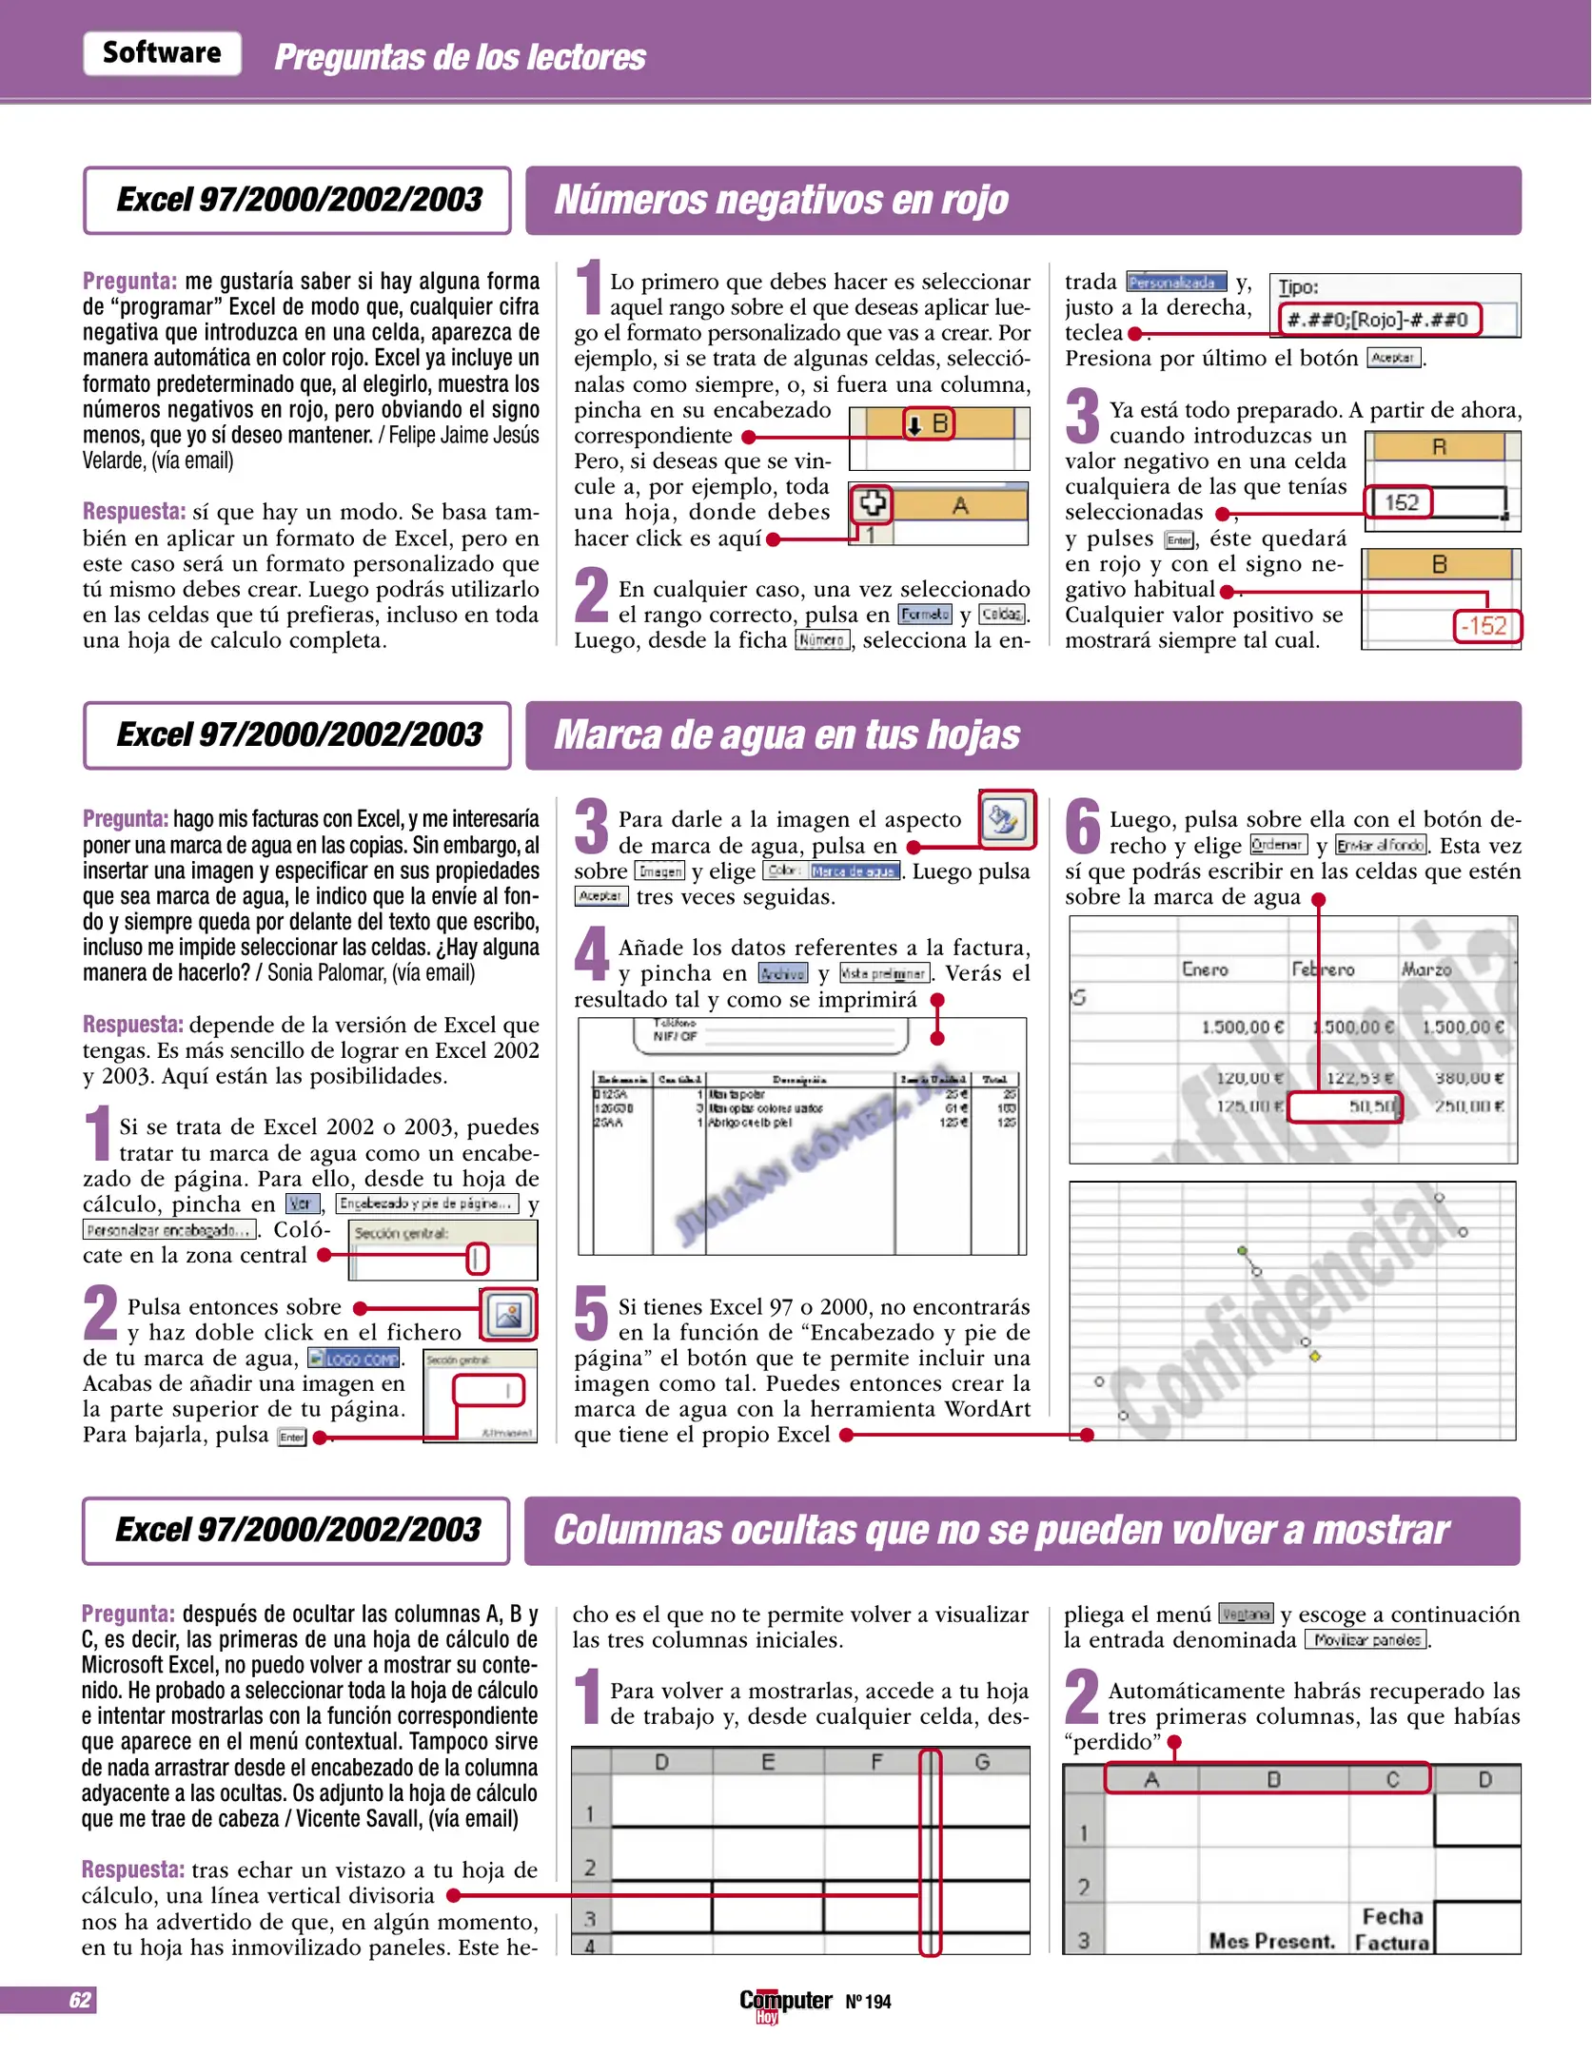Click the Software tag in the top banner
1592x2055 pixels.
coord(162,53)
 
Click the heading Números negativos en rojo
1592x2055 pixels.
coord(780,200)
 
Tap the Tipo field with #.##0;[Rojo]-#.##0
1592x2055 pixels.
coord(1380,320)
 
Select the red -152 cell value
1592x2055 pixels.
coord(1486,626)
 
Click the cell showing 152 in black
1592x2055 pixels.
coord(1402,502)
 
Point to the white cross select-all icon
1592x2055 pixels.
coord(872,503)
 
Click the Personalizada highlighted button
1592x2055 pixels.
coord(1176,283)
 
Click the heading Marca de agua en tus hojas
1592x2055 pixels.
coord(786,735)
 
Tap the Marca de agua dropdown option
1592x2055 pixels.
coord(854,871)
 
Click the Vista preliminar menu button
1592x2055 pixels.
coord(884,973)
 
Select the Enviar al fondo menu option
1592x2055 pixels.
coord(1381,846)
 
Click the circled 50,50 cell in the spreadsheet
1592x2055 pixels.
coord(1346,1106)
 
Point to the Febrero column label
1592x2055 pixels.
coord(1322,969)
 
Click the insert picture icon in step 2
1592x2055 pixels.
coord(508,1315)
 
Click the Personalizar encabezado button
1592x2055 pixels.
coord(169,1230)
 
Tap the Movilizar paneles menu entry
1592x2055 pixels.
coord(1366,1640)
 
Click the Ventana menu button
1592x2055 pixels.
coord(1246,1615)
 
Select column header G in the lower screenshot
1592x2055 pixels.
coord(982,1762)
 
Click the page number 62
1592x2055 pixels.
coord(80,2000)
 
